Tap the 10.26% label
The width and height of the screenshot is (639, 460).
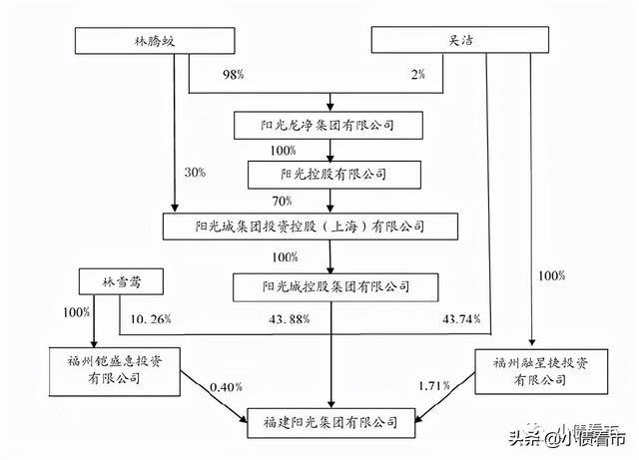152,319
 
